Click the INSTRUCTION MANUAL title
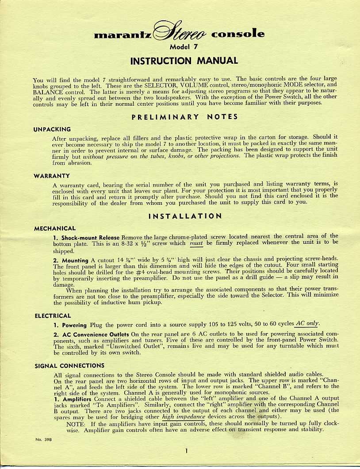[x=184, y=61]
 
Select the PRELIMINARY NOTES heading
[x=184, y=117]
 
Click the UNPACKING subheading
[x=52, y=129]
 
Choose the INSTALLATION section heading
[x=185, y=216]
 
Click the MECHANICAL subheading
[x=55, y=228]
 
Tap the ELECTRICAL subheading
[x=53, y=316]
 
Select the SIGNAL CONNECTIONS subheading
[x=69, y=365]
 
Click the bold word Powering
[x=74, y=325]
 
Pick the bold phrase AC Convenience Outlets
[x=95, y=334]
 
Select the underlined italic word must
[x=196, y=242]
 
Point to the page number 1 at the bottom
[x=187, y=451]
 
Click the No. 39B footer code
[x=42, y=439]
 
